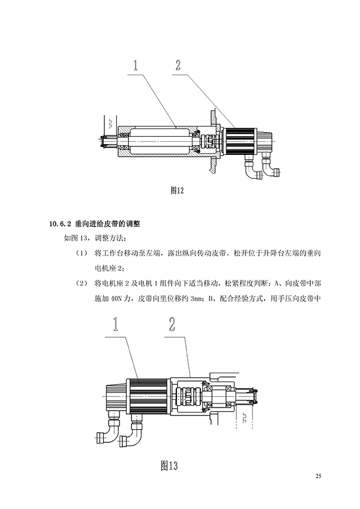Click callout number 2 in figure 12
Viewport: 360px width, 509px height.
coord(178,65)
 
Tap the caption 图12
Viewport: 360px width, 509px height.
coord(176,190)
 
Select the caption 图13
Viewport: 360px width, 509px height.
coord(170,465)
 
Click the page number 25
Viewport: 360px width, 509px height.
coord(318,476)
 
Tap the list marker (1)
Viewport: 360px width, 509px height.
coord(82,253)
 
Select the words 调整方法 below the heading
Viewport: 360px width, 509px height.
coord(108,238)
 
